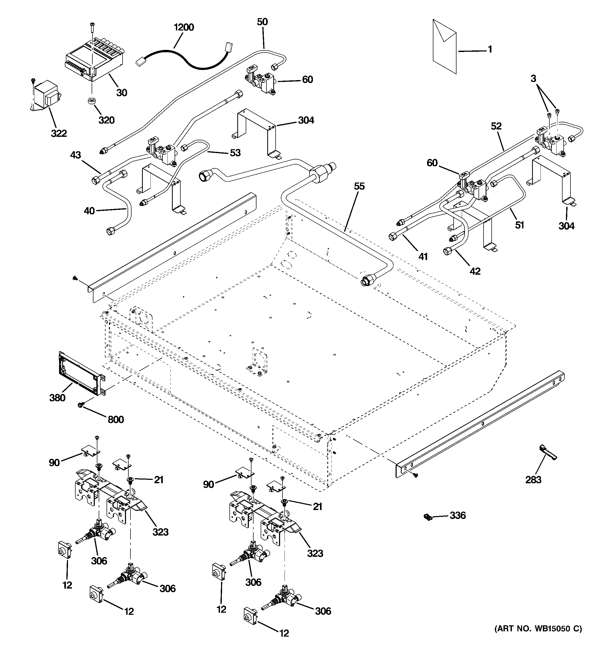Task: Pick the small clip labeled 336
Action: coord(427,517)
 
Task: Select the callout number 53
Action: coord(235,153)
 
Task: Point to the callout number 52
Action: coord(496,126)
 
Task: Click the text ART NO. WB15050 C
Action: coord(538,628)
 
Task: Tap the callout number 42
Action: coord(475,271)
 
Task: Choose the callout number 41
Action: coord(423,257)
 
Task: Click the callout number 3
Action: coord(533,79)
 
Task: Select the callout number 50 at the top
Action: coord(262,22)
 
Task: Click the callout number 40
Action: coord(89,211)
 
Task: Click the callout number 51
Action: coord(519,225)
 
